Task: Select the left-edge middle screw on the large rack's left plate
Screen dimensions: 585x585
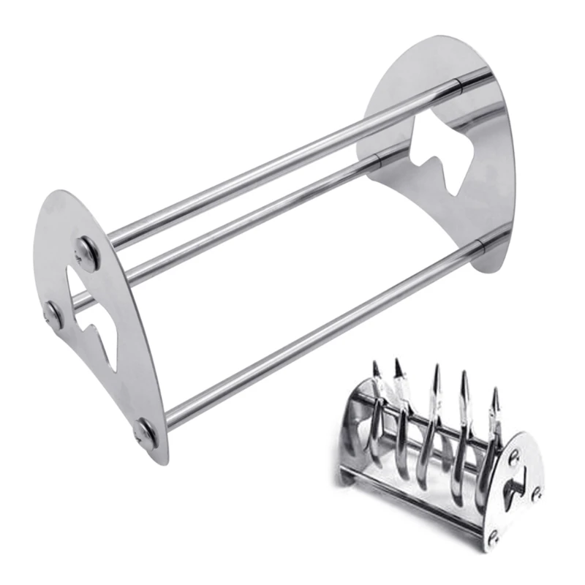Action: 53,313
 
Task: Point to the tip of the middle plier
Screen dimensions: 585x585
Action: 437,368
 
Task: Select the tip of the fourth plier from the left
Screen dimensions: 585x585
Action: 464,374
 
